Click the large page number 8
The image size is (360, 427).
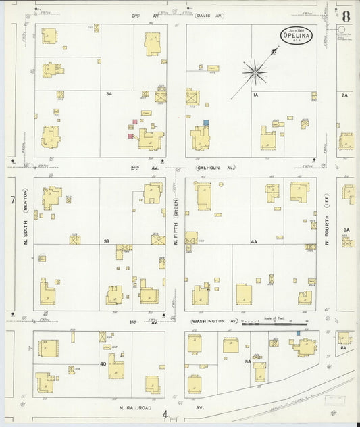(x=346, y=16)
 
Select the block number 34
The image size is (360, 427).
(x=108, y=93)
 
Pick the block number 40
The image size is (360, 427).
(x=103, y=363)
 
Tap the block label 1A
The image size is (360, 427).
(x=255, y=95)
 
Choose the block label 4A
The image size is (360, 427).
(x=254, y=241)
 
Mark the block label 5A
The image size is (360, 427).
(x=248, y=363)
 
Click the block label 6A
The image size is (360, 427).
(x=343, y=347)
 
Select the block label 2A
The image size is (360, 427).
(x=344, y=95)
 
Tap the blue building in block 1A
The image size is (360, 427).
(x=206, y=122)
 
